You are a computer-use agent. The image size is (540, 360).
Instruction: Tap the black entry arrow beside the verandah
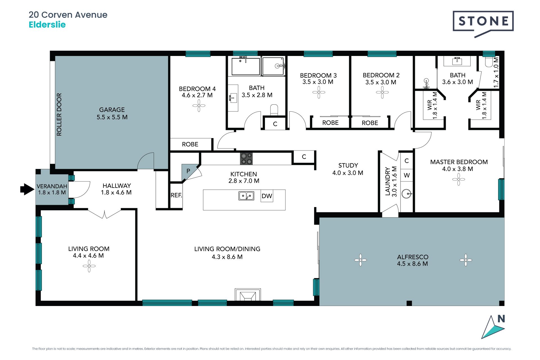[x=27, y=189]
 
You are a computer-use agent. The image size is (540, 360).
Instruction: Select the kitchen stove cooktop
[x=246, y=159]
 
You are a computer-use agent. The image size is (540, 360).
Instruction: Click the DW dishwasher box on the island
[x=267, y=196]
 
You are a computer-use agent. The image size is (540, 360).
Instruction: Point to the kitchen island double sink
[x=246, y=196]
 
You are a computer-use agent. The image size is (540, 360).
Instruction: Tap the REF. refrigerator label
[x=176, y=195]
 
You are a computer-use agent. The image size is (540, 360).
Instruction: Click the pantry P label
[x=188, y=171]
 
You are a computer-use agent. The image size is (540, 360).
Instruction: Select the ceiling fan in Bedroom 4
[x=199, y=106]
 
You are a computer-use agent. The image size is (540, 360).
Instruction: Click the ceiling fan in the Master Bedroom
[x=459, y=179]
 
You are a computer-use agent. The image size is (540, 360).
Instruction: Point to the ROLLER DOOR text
[x=59, y=114]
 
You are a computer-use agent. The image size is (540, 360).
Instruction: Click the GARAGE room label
[x=112, y=110]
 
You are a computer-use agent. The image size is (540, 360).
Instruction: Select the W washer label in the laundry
[x=407, y=175]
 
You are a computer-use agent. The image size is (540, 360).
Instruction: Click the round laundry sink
[x=406, y=194]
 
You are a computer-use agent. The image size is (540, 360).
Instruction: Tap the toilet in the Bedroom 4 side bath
[x=274, y=110]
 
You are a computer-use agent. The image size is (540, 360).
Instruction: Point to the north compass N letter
[x=501, y=319]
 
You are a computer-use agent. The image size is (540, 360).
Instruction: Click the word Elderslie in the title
[x=47, y=25]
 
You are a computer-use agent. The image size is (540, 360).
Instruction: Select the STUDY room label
[x=348, y=165]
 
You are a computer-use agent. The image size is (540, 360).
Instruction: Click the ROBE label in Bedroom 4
[x=190, y=144]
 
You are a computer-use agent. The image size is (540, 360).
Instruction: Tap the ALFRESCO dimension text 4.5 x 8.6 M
[x=412, y=264]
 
